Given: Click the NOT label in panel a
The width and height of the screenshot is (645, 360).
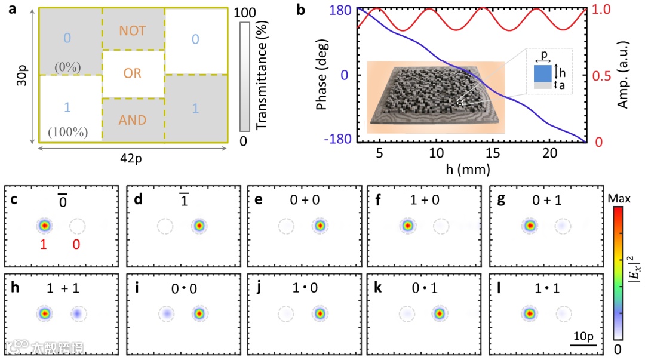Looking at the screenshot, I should click(x=132, y=30).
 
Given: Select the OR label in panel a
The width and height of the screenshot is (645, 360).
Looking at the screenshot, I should click(x=132, y=73).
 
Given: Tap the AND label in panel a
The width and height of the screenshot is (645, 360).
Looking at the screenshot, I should click(x=132, y=120).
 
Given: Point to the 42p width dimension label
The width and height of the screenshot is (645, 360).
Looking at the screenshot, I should click(x=133, y=158).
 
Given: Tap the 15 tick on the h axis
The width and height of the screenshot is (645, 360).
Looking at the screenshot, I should click(x=493, y=152).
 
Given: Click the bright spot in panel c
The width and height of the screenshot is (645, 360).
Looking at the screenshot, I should click(x=44, y=226).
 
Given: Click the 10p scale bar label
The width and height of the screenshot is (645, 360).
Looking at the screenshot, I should click(x=583, y=334).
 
